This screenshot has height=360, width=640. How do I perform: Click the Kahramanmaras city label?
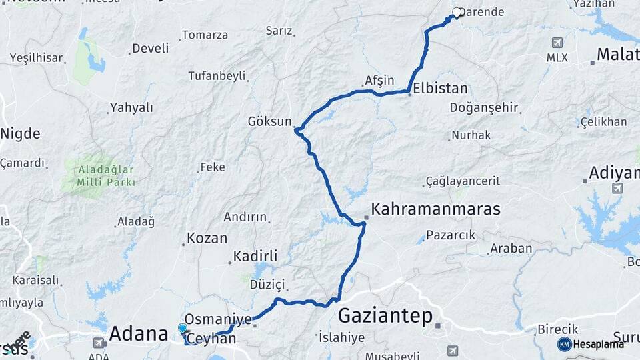435,209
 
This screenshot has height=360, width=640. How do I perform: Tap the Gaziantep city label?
385,315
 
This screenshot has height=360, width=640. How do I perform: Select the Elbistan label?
440,88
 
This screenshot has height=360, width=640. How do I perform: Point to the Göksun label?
270,121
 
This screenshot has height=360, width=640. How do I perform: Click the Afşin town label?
379,81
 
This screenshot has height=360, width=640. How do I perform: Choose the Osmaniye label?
218,319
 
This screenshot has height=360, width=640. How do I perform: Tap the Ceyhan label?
211,339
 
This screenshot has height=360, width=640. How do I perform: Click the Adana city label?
138,333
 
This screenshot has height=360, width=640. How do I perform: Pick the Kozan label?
207,238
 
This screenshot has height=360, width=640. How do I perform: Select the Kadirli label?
255,256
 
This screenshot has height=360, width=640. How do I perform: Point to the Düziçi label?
267,285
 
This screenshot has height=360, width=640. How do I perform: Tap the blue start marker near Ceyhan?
183,329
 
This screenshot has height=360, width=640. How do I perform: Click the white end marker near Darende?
457,12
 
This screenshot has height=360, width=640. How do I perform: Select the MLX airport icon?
557,43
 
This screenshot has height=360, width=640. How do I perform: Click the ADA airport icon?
99,343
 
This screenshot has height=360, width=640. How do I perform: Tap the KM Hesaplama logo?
591,344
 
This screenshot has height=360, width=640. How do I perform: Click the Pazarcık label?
451,235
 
